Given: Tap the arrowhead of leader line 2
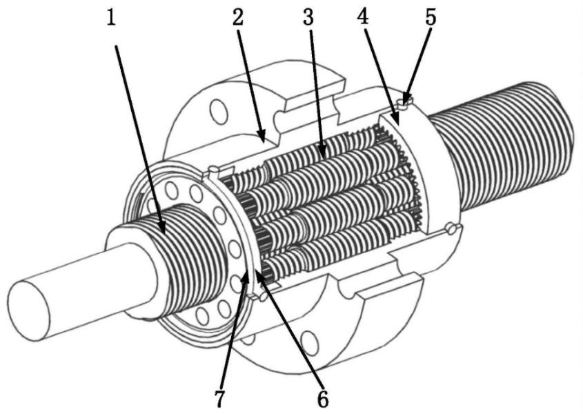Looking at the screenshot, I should [x=264, y=139].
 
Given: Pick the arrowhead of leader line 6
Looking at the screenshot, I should [x=259, y=273].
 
